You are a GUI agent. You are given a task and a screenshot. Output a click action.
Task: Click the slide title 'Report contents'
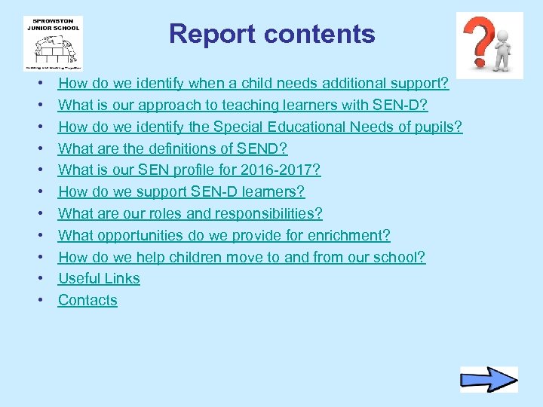click(x=271, y=34)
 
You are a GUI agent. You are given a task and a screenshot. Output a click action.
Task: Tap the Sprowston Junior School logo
click(x=53, y=43)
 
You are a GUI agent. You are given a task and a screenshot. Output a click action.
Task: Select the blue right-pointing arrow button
click(x=489, y=379)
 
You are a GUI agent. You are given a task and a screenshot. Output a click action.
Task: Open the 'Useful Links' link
click(x=99, y=278)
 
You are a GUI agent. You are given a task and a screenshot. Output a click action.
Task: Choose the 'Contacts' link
click(x=87, y=300)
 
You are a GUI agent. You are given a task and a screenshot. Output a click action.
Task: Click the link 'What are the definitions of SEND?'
click(x=173, y=148)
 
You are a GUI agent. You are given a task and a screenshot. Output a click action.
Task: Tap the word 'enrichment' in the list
click(x=351, y=235)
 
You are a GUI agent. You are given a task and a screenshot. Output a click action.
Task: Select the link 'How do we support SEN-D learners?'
click(x=181, y=192)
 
